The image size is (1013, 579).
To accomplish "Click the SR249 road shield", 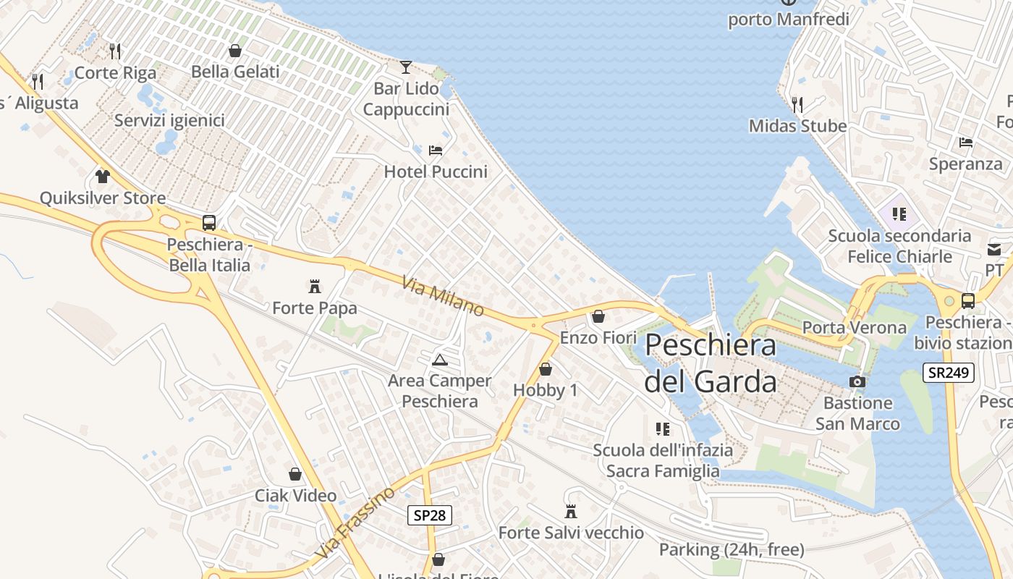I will click(x=949, y=373).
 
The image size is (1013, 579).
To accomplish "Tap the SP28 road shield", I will click(x=429, y=515).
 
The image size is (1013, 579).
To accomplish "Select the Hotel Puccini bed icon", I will click(x=436, y=151).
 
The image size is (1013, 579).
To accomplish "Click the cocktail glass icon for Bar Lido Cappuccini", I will click(x=406, y=67).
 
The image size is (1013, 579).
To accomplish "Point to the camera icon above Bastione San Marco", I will click(x=857, y=381).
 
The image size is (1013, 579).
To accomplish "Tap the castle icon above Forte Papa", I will click(x=315, y=287).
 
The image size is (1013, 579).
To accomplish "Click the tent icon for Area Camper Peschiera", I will click(x=439, y=360).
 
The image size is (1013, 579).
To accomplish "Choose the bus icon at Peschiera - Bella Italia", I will click(x=209, y=223).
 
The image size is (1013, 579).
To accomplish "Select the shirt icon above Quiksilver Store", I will click(x=103, y=177).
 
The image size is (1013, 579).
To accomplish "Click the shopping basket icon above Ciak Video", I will click(x=295, y=474).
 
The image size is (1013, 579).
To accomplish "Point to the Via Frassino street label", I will click(x=355, y=523).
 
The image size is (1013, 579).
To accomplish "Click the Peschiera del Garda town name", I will click(x=711, y=363).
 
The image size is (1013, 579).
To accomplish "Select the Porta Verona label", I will click(x=855, y=328).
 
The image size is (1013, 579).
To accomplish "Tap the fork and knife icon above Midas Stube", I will click(x=797, y=105).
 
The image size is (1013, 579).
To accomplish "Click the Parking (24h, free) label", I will click(x=731, y=550).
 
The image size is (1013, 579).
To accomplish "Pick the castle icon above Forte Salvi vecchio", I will click(x=571, y=512).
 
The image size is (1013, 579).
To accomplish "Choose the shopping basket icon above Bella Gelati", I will click(x=235, y=51).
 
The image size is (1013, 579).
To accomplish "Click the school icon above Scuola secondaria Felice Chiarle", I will click(x=899, y=214).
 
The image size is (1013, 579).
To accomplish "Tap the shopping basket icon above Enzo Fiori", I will click(x=598, y=316).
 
